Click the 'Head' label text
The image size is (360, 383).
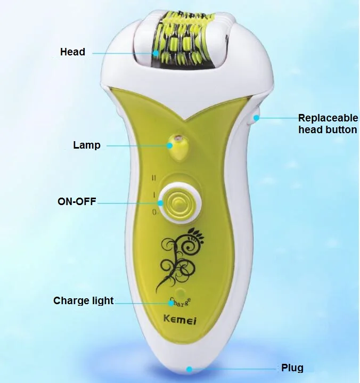coord(72,52)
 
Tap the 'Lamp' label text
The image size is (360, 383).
coord(86,145)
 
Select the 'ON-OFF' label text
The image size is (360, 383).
coord(77,201)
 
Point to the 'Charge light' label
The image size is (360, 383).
coord(83,300)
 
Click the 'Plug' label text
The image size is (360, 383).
coord(292,368)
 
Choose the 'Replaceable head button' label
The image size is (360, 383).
coord(327,124)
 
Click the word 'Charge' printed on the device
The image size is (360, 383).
coord(181,299)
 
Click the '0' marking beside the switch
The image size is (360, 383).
coord(153,212)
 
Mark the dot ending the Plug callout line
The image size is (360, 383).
coord(189,368)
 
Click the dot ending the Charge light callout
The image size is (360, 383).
coord(171,303)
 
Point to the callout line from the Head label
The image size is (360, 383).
coord(122,53)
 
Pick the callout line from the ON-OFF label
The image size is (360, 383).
coord(133,202)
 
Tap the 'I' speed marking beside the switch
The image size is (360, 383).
coord(154,195)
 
